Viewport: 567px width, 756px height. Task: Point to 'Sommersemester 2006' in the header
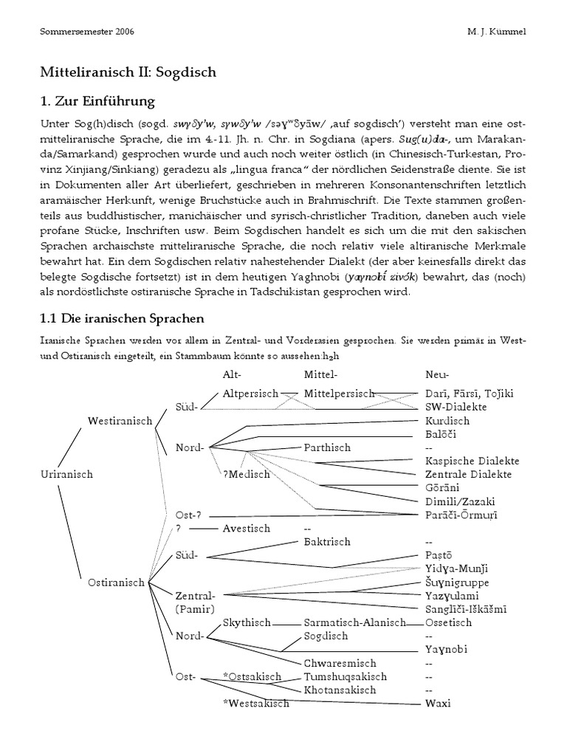(86, 32)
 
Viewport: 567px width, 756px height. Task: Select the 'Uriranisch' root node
(66, 474)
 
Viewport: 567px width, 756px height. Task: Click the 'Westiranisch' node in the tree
(120, 421)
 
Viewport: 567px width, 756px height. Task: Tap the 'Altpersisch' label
(250, 394)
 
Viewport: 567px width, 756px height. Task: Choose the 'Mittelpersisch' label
(340, 394)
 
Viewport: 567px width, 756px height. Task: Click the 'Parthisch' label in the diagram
(327, 447)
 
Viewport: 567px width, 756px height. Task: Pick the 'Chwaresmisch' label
(340, 663)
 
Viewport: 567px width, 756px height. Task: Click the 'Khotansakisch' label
(340, 690)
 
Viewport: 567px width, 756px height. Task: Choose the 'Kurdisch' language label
(447, 421)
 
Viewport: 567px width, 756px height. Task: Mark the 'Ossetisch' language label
(448, 622)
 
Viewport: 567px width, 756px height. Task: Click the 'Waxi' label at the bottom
(438, 703)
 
